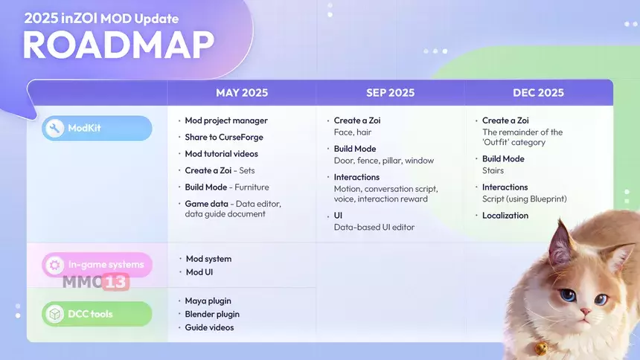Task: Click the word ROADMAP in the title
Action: [118, 45]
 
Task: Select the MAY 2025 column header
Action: [242, 93]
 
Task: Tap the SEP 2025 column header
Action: [390, 93]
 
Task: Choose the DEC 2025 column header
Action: [538, 93]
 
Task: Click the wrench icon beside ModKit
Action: [54, 128]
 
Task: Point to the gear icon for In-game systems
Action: [54, 265]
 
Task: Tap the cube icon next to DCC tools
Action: [54, 314]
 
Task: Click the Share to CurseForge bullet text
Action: [224, 137]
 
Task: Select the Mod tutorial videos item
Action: [221, 154]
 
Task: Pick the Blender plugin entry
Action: [212, 315]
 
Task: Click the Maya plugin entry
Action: [208, 300]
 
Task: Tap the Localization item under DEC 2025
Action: [505, 216]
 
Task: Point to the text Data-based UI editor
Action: [374, 228]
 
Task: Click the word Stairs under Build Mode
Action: [493, 170]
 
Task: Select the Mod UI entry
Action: [199, 272]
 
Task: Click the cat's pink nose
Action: [586, 312]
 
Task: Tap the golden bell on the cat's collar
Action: [541, 348]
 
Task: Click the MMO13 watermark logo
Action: [96, 282]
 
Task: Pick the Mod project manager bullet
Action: [226, 120]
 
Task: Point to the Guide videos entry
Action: [209, 327]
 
